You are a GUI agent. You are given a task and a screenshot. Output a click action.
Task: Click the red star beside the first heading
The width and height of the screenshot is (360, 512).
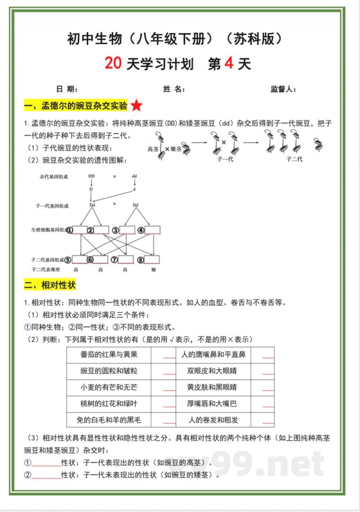coord(137,106)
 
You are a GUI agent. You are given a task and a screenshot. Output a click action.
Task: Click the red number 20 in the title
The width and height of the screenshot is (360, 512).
coord(113,63)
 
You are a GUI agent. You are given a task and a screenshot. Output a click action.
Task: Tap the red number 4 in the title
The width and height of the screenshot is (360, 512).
coord(229,63)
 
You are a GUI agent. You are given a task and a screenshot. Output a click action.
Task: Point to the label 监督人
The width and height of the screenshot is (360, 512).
coord(283,89)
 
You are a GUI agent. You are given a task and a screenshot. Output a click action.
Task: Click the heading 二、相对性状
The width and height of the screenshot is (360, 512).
coord(50,285)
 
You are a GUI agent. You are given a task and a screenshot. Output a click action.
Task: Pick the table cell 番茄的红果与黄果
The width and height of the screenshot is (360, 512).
coord(109,355)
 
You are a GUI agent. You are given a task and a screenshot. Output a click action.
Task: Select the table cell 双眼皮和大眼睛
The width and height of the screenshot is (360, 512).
coord(212,371)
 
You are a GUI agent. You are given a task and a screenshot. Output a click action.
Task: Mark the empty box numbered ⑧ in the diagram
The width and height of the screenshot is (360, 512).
coord(152,259)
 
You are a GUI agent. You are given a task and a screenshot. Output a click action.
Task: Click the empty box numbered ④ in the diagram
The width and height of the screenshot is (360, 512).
coord(153,230)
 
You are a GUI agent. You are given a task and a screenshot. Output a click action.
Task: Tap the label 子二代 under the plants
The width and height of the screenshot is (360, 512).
coord(295,159)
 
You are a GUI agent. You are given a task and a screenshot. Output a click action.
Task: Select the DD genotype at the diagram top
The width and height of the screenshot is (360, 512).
coord(91,176)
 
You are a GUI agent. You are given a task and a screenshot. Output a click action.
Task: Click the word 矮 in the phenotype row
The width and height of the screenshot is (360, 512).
coord(153,269)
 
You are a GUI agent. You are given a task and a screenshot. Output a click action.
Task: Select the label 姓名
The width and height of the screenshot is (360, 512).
coord(174,89)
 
